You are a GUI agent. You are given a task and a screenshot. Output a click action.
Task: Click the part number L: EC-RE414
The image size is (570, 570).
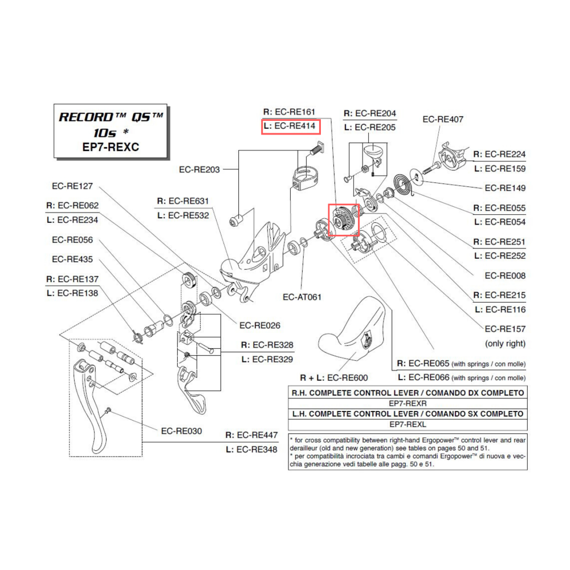(x=290, y=127)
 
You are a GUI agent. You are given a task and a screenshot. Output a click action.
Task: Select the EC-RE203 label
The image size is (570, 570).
(x=199, y=169)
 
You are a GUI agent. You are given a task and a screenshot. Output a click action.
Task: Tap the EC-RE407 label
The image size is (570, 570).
(x=442, y=119)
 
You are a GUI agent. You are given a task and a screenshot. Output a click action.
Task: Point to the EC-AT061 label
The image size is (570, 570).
(x=302, y=297)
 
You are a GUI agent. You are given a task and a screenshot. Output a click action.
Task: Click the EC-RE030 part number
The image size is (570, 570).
(x=181, y=431)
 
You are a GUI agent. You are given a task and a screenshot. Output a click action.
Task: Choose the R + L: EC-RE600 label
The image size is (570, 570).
(x=334, y=377)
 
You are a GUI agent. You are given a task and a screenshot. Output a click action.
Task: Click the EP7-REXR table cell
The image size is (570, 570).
(x=408, y=403)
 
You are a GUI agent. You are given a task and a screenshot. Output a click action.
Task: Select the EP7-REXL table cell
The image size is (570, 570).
(x=408, y=425)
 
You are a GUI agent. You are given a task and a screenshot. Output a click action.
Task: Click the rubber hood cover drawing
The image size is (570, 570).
(x=353, y=333)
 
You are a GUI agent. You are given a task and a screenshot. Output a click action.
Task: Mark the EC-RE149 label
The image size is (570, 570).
(x=505, y=188)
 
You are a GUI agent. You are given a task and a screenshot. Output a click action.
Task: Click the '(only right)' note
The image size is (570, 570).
(x=505, y=344)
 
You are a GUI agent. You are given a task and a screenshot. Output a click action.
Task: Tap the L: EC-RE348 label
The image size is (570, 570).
(x=251, y=449)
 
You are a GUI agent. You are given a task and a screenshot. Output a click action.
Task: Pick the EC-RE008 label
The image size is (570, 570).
(x=505, y=276)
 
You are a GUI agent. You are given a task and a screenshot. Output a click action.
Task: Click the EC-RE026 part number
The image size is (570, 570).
(x=259, y=326)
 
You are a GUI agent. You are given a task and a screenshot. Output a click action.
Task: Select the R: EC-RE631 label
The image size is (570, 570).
(x=182, y=201)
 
